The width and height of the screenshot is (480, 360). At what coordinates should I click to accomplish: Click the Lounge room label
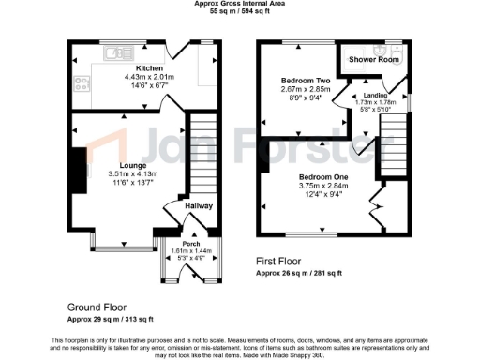tap(122, 165)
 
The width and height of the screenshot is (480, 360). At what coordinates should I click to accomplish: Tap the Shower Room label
tap(373, 59)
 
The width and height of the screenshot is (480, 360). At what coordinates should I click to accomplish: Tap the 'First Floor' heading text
tap(283, 262)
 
